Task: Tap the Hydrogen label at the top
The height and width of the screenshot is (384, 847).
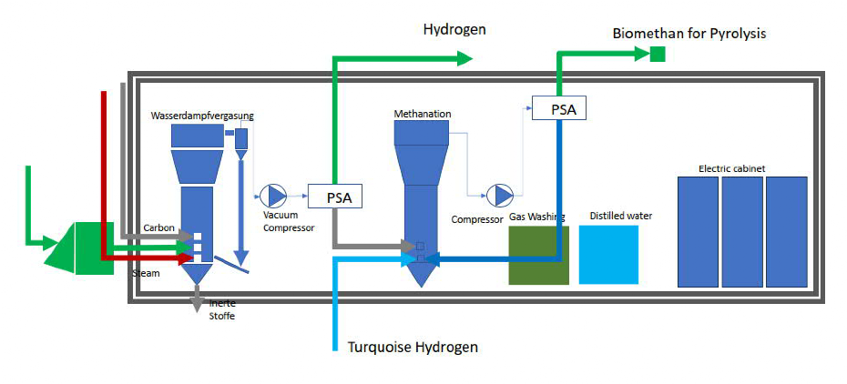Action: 454,29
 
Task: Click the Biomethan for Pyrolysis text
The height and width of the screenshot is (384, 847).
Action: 689,34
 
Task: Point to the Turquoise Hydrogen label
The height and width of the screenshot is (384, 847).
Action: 413,348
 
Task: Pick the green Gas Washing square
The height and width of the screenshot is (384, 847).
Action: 538,255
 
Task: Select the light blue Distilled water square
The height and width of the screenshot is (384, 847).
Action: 608,255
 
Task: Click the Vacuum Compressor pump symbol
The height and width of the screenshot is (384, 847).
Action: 273,195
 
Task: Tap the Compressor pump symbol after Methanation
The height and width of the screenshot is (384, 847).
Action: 499,195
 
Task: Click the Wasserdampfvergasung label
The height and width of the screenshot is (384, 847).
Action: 203,116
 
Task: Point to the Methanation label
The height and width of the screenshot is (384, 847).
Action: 423,114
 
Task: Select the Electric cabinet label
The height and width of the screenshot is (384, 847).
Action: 732,168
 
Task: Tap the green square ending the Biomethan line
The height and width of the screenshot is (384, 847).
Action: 657,56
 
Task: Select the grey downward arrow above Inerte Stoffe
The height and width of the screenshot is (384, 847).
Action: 197,298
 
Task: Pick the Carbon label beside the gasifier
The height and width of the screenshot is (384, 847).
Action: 158,227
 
